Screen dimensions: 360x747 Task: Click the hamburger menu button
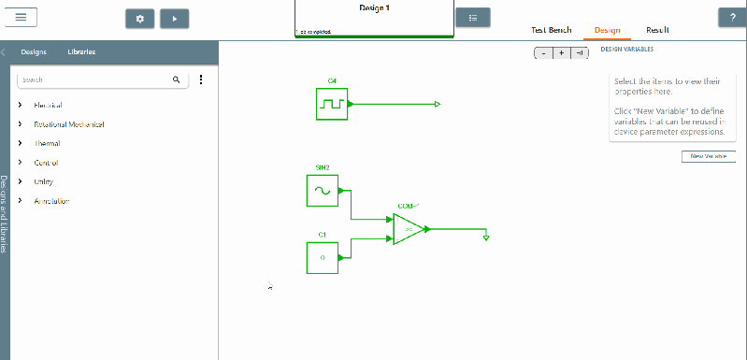click(x=20, y=17)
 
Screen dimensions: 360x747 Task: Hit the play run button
click(x=174, y=19)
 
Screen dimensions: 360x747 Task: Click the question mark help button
click(x=731, y=18)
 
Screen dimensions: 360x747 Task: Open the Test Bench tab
click(x=551, y=30)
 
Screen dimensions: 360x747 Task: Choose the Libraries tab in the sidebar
click(x=81, y=52)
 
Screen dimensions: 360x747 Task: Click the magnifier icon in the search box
click(x=176, y=80)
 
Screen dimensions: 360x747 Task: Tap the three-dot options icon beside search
click(x=201, y=80)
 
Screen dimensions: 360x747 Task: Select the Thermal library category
click(x=47, y=144)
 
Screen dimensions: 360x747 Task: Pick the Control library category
click(x=47, y=163)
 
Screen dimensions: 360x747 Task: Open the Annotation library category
click(x=51, y=201)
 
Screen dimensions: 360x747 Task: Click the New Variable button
click(x=708, y=156)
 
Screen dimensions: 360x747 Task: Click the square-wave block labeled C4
click(x=332, y=104)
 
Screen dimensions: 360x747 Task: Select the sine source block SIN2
click(x=322, y=190)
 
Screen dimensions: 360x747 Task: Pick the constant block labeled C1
click(x=322, y=257)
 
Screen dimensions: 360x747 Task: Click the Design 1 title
click(x=374, y=8)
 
